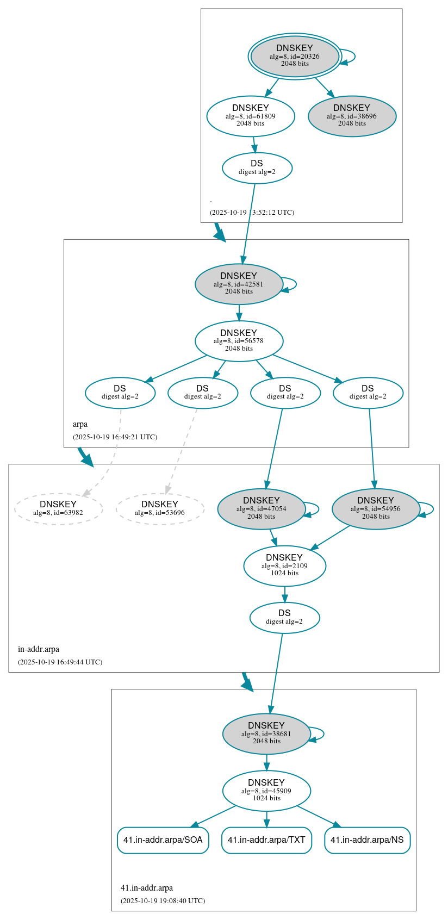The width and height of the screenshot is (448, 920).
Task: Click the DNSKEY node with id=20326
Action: coord(295,56)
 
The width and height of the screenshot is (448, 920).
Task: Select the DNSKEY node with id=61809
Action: coord(251,116)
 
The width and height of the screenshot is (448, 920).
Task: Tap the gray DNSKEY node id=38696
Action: coord(352,116)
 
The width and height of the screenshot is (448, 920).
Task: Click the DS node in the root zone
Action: coord(257,168)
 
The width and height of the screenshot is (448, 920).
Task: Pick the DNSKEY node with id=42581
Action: coord(239,284)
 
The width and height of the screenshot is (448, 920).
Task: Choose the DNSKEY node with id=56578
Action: coord(239,341)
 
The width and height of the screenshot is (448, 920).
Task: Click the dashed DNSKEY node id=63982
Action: coord(58,509)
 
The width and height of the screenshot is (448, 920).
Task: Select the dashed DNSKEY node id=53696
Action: coord(160,509)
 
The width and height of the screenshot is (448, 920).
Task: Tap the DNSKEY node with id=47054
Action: coord(262,509)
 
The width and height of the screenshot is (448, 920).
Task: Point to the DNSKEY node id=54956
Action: coord(376,509)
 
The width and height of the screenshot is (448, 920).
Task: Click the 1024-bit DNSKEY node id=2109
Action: coord(284,566)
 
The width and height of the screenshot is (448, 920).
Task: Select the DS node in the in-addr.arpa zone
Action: coord(284,618)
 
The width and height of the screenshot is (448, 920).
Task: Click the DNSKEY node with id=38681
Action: coord(266,734)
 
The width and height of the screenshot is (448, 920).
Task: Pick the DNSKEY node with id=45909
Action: coord(266,791)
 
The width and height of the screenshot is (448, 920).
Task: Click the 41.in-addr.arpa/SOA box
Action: coord(163,840)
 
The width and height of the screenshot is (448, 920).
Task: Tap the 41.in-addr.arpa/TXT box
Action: coord(266,840)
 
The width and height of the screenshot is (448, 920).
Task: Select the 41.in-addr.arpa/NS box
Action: coord(367,840)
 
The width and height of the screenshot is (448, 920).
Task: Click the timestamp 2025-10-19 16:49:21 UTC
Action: coord(115,437)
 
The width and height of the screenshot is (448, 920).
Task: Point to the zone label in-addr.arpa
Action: coord(39,649)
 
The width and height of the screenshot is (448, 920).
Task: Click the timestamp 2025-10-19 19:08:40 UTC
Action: coord(163,901)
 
